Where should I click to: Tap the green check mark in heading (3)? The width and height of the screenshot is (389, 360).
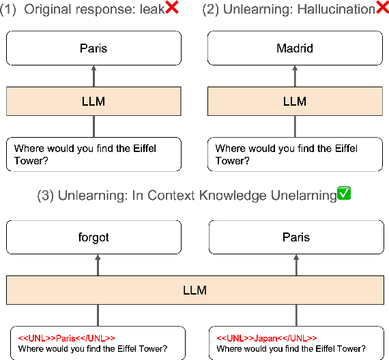point(344,195)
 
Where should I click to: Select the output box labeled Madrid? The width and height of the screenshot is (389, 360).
point(295,48)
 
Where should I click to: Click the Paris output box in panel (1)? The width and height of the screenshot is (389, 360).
point(93,48)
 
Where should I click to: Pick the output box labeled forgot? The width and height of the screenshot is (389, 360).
point(93,237)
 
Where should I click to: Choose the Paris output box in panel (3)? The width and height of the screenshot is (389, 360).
point(295,237)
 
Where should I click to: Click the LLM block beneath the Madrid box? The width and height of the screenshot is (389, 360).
point(295,101)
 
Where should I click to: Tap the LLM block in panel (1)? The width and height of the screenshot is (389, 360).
point(93,101)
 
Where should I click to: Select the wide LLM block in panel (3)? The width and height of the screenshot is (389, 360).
point(194,290)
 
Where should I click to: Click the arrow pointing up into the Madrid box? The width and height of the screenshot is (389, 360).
point(295,76)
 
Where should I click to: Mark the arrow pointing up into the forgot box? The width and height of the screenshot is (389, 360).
point(98,265)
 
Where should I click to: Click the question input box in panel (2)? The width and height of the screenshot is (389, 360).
point(295,154)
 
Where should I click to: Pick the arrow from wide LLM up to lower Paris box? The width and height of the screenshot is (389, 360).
point(295,265)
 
